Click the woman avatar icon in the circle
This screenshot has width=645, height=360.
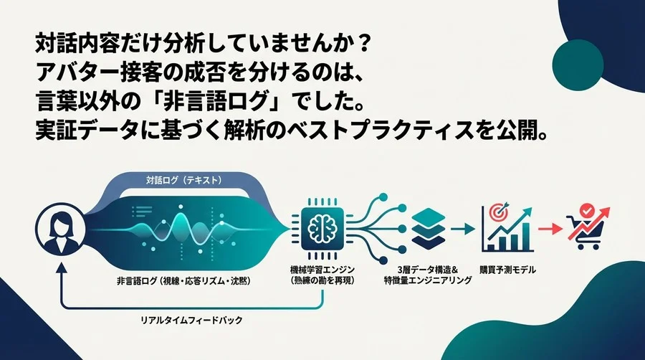click(57, 228)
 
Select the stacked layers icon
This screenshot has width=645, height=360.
click(431, 224)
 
